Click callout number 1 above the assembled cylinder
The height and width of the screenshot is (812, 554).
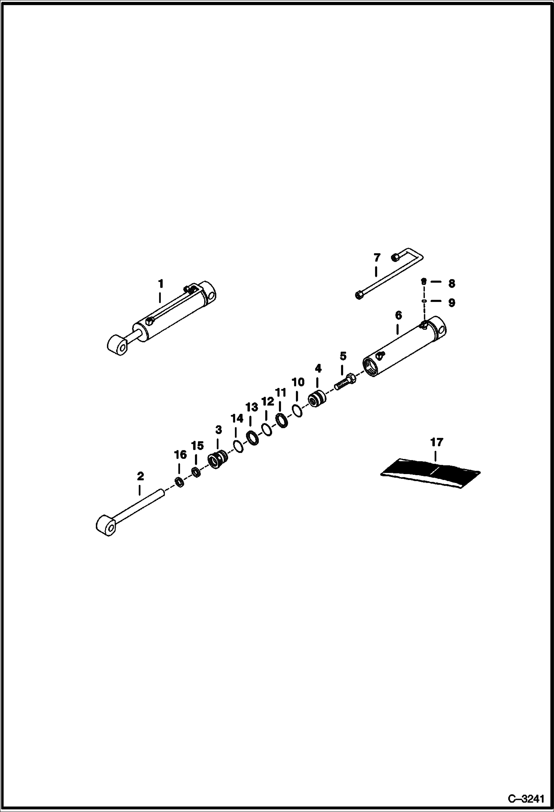coord(160,284)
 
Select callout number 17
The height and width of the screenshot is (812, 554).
coord(436,442)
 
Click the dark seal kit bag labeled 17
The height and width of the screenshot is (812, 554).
coord(431,474)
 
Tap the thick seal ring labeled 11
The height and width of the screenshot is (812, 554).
coord(282,420)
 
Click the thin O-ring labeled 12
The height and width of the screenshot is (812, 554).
coord(267,430)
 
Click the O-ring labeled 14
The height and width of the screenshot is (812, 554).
coord(238,446)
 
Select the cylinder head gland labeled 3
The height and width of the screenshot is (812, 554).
coord(218,460)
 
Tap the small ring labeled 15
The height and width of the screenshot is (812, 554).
coord(196,473)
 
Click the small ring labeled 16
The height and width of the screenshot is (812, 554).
coord(179,482)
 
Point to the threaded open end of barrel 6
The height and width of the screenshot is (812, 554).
coord(371,367)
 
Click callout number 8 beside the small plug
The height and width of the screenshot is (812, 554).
coord(451,284)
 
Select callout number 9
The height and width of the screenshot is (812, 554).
coord(451,303)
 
